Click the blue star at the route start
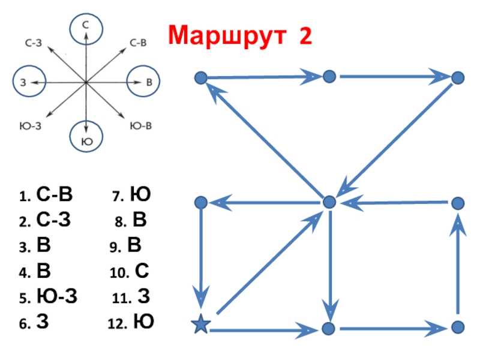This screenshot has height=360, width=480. pos(201,326)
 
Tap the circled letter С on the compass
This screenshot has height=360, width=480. pos(86,27)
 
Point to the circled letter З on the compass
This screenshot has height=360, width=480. pos(23,82)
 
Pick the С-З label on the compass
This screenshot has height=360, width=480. pos(32,43)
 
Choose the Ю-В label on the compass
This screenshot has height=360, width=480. pos(141,125)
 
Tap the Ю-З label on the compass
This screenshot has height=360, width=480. pos(31,125)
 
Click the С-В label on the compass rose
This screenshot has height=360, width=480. pos(139,43)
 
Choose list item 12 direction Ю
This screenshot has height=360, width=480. pos(143,322)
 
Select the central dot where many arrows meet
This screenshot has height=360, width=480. pos(329,202)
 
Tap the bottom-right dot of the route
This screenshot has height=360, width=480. pos(458,327)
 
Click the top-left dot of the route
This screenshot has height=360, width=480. pos(201,77)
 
